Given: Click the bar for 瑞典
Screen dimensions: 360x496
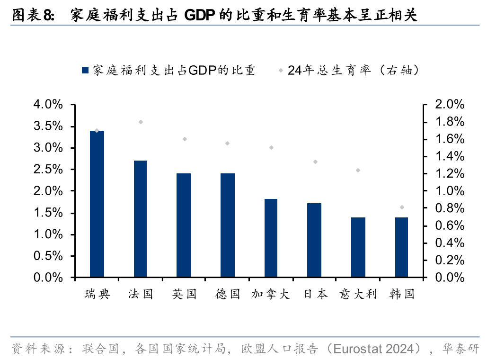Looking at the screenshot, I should tap(97, 204).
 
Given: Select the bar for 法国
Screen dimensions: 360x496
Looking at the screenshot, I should tap(141, 218).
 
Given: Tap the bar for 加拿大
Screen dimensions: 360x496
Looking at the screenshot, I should tap(271, 238).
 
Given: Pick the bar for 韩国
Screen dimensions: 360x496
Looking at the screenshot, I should tap(401, 247).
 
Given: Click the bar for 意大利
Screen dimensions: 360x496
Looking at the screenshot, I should tap(358, 247).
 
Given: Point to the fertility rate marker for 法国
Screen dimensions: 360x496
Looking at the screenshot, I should tap(141, 122).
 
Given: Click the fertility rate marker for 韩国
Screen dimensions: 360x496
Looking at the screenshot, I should tap(402, 207).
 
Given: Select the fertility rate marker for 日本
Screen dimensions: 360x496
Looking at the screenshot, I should tap(315, 162).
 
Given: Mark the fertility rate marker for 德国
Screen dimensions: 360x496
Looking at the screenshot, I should tap(227, 144).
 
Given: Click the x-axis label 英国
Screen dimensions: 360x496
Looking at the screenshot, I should tap(184, 294).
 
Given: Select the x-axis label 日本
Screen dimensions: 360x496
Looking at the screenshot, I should tap(315, 294).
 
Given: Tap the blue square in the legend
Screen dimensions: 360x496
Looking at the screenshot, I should tap(85, 71).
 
